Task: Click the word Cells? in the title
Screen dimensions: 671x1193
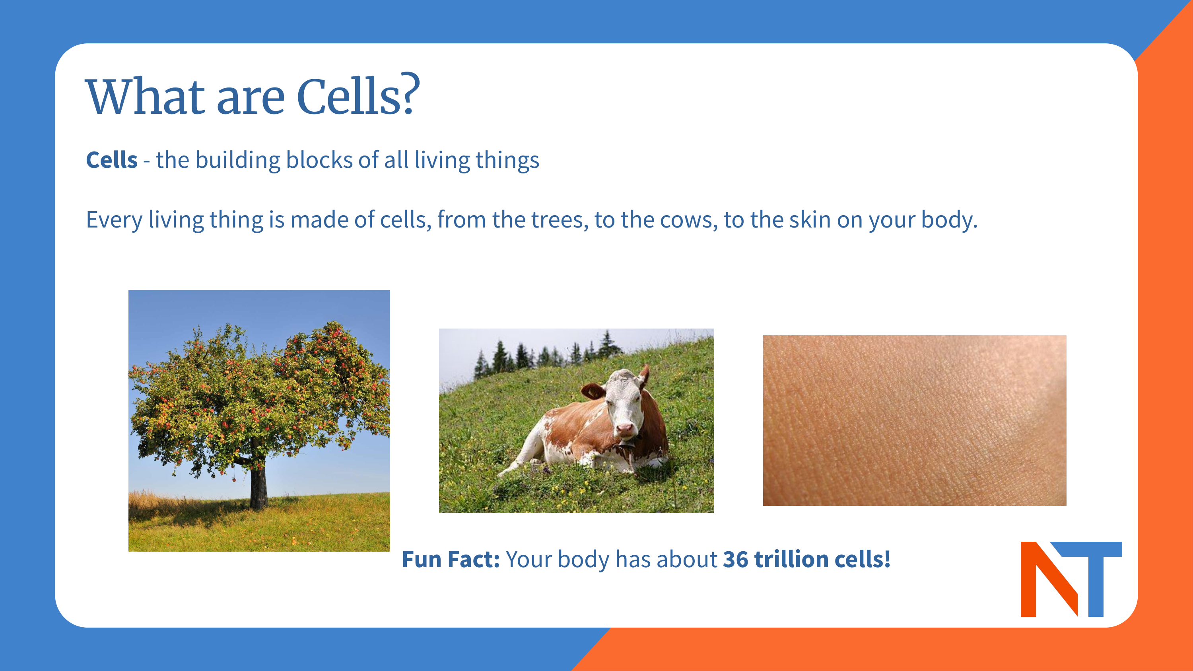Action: [358, 96]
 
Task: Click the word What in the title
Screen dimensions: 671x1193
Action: [146, 96]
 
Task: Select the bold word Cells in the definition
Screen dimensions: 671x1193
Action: [112, 160]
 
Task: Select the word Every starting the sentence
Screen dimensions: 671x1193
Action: [114, 220]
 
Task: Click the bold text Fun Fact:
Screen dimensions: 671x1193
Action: [451, 559]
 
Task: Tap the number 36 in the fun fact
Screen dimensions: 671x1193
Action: [735, 559]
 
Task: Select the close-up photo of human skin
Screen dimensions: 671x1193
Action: [914, 420]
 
